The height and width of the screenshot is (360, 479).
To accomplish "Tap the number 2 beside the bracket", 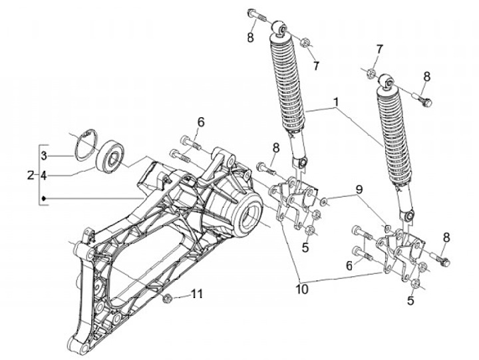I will [x=30, y=176].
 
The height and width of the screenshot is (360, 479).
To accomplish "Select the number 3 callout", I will [x=43, y=156].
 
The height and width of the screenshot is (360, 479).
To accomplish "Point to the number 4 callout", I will [x=43, y=176].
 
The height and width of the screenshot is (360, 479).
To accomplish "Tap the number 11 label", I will [x=196, y=294].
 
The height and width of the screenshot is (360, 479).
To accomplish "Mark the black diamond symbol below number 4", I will [x=44, y=198].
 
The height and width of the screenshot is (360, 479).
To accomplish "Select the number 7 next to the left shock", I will [x=315, y=65].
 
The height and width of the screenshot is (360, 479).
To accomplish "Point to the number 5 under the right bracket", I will [x=410, y=301].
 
